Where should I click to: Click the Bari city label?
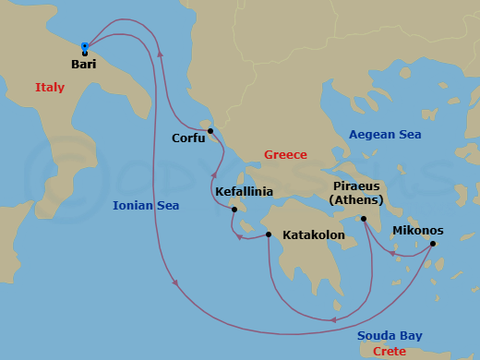(83, 65)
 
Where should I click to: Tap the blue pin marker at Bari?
(84, 46)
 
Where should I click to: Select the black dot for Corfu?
(210, 130)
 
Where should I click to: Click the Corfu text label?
(188, 138)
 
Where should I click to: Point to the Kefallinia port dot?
(235, 210)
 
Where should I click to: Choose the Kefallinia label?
(244, 192)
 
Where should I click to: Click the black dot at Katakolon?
(269, 234)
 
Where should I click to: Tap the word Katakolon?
(314, 235)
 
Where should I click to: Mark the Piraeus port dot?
(365, 219)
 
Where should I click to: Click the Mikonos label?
(418, 230)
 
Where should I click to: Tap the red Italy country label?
(50, 88)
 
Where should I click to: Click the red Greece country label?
(285, 155)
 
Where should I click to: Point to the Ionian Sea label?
(146, 206)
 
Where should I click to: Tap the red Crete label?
(390, 351)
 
